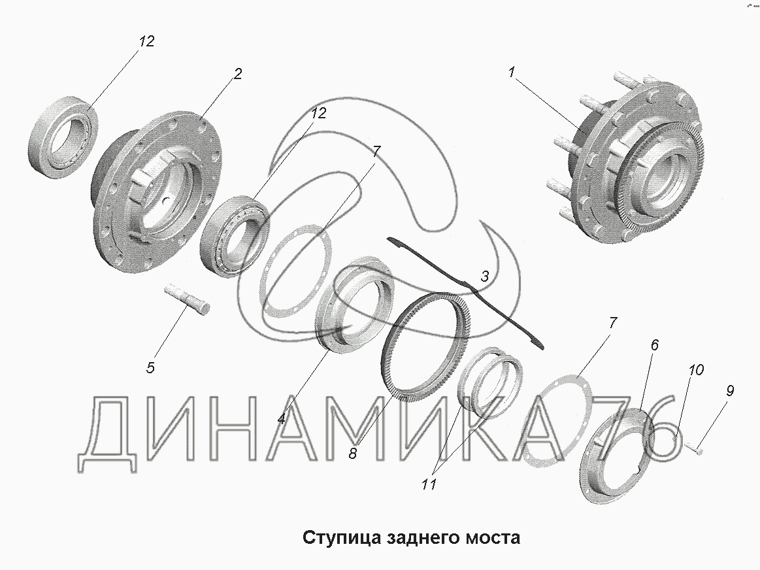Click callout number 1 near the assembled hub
(x=511, y=73)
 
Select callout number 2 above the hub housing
(x=237, y=74)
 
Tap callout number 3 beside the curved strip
(x=485, y=277)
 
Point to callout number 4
(x=282, y=419)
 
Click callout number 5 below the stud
(x=150, y=368)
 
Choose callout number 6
(x=654, y=345)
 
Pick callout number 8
(x=353, y=454)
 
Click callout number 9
(x=729, y=391)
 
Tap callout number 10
(x=696, y=371)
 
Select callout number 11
(x=429, y=484)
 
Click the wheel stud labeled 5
(x=187, y=299)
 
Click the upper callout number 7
(x=376, y=151)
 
